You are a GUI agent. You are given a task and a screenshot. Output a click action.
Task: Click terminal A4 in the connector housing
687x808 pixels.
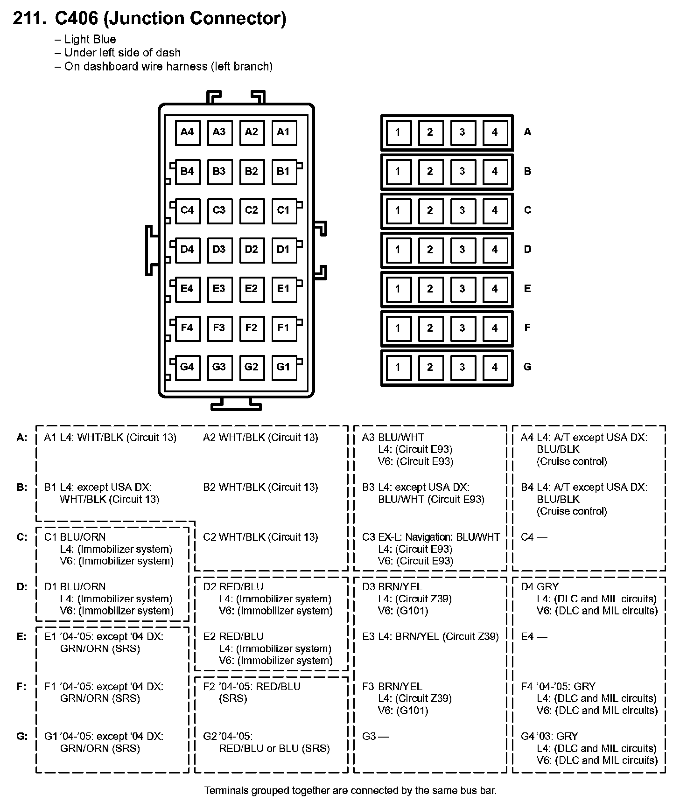[187, 132]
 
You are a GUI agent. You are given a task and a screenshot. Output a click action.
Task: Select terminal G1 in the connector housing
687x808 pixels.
[283, 367]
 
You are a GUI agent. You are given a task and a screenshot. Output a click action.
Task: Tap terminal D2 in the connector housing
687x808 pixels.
[251, 249]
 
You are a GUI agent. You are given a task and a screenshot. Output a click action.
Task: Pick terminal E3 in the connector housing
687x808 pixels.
[219, 288]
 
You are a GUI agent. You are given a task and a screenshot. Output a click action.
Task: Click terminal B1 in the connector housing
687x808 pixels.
[283, 171]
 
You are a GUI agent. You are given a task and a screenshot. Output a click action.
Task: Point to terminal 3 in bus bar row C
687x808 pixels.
[462, 210]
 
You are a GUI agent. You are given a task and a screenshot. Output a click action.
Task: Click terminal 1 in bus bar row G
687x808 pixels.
[398, 367]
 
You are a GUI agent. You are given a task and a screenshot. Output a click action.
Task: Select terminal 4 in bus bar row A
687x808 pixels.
[495, 132]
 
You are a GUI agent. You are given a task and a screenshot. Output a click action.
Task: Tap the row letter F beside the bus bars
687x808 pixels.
[527, 327]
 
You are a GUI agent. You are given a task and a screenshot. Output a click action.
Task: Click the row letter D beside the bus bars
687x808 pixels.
[527, 249]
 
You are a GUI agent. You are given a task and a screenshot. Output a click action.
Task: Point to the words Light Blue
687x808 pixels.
[90, 40]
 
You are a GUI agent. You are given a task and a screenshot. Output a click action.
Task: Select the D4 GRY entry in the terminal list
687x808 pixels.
[540, 586]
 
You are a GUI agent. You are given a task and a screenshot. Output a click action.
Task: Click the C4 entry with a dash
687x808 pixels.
[534, 537]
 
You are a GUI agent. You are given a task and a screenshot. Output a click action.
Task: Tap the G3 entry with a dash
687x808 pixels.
[375, 736]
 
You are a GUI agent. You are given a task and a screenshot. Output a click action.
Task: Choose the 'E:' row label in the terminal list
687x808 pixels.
[22, 637]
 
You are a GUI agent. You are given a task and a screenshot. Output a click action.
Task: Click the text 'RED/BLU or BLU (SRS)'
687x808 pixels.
[274, 748]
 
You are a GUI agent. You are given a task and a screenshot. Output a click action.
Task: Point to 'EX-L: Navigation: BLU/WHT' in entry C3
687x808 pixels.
[439, 537]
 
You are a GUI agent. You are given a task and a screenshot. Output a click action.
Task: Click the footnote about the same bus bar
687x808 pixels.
[350, 790]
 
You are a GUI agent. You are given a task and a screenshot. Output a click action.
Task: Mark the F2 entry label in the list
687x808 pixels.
[210, 686]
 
